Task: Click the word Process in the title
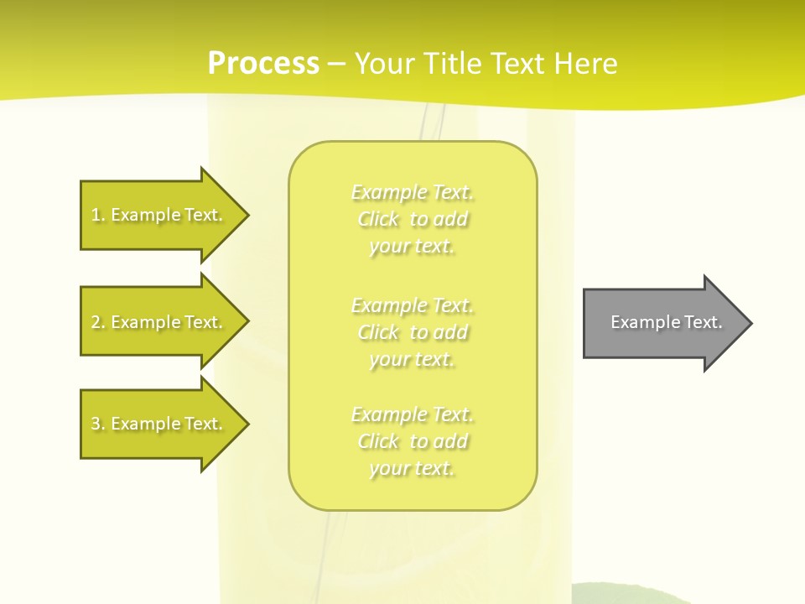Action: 263,64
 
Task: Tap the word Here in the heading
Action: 586,64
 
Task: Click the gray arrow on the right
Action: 662,322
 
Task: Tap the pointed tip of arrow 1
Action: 247,215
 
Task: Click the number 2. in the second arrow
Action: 97,322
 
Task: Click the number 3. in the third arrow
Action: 97,424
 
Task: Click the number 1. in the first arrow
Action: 97,215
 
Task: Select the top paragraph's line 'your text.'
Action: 412,247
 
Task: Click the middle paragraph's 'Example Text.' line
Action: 413,305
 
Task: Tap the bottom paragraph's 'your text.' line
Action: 412,469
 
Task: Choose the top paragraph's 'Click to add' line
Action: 413,220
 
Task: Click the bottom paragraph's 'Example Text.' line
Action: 413,414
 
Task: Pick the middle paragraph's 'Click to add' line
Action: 413,332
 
